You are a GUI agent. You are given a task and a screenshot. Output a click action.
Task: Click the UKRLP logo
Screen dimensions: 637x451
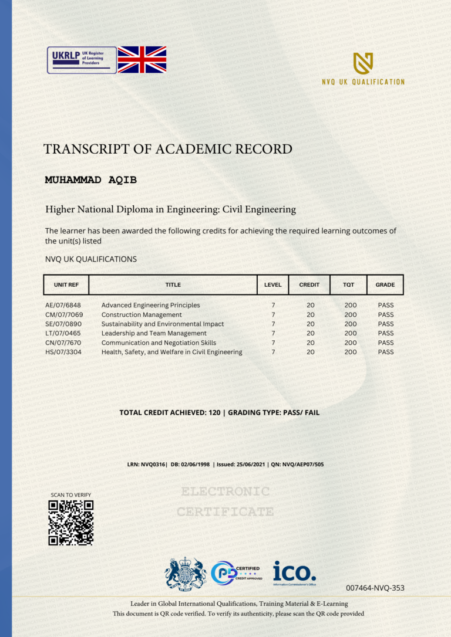82,60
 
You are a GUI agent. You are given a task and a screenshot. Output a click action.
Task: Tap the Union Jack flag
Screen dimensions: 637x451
142,59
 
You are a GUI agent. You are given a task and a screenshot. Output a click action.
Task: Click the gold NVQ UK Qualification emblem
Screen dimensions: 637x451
363,63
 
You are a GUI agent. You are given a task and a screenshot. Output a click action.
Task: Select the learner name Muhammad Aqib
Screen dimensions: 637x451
90,180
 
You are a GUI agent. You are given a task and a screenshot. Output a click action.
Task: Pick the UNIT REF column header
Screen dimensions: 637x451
66,285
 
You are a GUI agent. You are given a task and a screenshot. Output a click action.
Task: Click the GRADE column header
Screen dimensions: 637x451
385,285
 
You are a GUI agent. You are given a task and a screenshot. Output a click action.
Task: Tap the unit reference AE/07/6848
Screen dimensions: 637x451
63,305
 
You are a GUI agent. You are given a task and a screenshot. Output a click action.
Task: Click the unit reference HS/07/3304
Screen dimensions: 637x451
63,352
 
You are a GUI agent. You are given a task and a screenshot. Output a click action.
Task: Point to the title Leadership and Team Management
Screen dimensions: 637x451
154,333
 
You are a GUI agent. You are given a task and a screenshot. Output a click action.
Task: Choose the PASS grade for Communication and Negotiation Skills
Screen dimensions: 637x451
386,343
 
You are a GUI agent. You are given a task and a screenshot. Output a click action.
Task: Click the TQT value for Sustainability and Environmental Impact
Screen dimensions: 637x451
351,324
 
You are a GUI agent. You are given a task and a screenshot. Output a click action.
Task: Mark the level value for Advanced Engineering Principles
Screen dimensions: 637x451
273,305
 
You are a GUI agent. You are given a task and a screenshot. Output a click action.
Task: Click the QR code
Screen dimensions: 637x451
71,523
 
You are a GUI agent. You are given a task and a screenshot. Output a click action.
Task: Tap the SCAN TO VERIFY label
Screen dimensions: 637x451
71,495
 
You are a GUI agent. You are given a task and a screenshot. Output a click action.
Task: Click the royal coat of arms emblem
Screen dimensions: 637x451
186,574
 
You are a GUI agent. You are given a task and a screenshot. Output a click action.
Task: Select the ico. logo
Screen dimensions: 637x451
294,572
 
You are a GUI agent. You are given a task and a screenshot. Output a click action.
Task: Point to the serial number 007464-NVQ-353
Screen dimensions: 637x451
375,588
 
